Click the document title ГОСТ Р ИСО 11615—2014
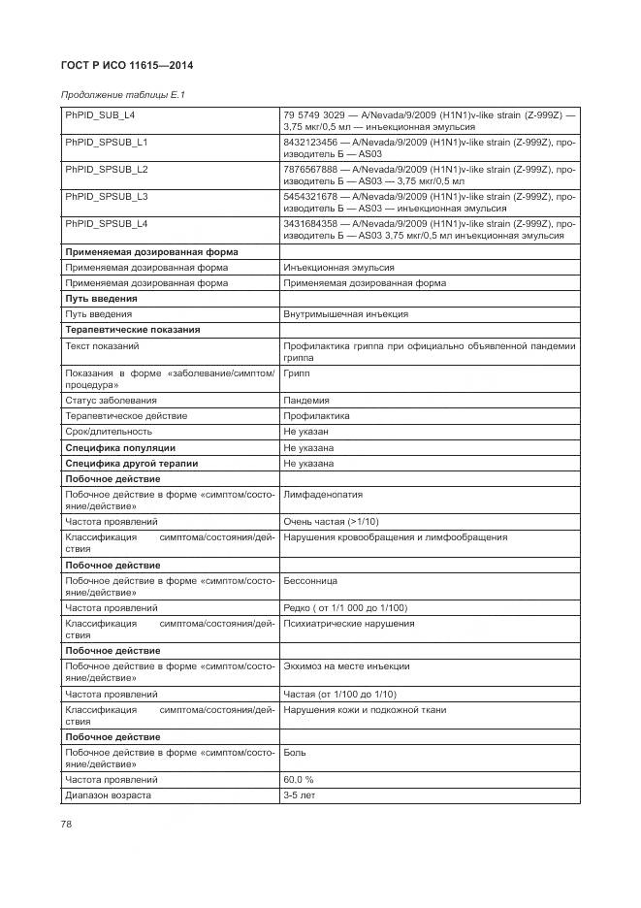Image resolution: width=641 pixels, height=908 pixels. pyautogui.click(x=127, y=65)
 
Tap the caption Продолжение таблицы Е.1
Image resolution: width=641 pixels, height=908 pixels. pyautogui.click(x=122, y=95)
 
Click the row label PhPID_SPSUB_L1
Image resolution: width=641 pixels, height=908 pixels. pyautogui.click(x=107, y=143)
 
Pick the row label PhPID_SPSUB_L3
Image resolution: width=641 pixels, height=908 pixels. pyautogui.click(x=107, y=197)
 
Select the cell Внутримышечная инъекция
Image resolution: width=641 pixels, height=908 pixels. pyautogui.click(x=345, y=314)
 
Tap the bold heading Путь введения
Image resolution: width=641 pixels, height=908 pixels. pyautogui.click(x=101, y=299)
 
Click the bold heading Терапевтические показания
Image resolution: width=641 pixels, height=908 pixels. pyautogui.click(x=132, y=330)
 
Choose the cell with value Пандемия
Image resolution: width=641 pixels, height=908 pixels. pyautogui.click(x=306, y=401)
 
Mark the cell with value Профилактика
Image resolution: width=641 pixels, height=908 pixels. pyautogui.click(x=316, y=416)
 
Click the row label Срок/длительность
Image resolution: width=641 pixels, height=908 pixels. pyautogui.click(x=109, y=432)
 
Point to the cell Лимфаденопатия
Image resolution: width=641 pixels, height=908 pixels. pyautogui.click(x=323, y=495)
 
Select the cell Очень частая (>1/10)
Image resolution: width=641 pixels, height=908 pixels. pyautogui.click(x=332, y=522)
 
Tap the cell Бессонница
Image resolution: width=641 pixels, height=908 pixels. pyautogui.click(x=310, y=580)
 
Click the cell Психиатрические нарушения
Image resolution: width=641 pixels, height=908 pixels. pyautogui.click(x=348, y=624)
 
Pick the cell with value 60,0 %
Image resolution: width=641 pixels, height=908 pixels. pyautogui.click(x=299, y=779)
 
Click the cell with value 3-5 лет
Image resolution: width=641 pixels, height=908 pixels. pyautogui.click(x=299, y=795)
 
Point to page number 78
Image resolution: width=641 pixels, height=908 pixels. pyautogui.click(x=67, y=825)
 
